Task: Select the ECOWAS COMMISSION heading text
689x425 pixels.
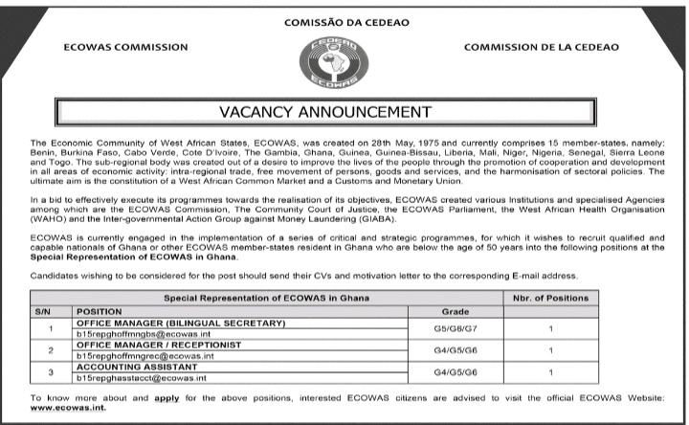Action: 125,47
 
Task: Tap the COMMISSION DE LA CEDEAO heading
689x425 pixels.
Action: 541,47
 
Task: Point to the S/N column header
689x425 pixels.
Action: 41,312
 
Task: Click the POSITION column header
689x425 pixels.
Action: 100,312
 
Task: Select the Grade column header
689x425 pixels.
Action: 455,312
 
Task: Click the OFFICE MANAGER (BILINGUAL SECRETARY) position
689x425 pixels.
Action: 180,324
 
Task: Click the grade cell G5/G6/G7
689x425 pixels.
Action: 455,329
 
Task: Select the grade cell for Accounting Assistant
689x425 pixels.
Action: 455,371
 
